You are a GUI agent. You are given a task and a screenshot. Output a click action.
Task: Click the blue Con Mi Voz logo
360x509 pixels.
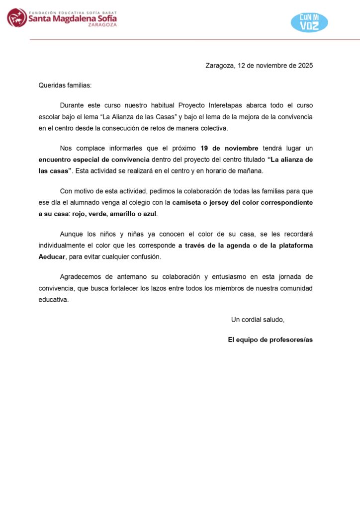coord(309,22)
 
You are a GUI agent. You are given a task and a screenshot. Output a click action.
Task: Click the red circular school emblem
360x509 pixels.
coord(17,18)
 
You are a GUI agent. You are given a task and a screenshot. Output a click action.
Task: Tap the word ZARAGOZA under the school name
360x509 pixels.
coord(102,24)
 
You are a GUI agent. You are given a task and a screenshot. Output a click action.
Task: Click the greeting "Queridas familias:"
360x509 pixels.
coord(65,85)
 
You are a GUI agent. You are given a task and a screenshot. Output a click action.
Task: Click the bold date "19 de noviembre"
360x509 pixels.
coord(229,148)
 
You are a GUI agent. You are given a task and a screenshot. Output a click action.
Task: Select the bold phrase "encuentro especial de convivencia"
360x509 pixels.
coord(94,160)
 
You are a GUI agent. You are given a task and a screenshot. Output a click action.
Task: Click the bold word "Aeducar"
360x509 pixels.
coord(52,257)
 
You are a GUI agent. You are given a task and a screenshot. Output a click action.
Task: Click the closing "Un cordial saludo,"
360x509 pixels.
coord(258,319)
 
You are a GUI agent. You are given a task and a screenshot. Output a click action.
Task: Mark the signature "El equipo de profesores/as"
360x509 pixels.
coord(270,340)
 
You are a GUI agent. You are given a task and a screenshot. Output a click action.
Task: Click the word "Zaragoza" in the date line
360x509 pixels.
coord(219,66)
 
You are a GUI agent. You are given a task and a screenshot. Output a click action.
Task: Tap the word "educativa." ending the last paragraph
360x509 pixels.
coord(54,300)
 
